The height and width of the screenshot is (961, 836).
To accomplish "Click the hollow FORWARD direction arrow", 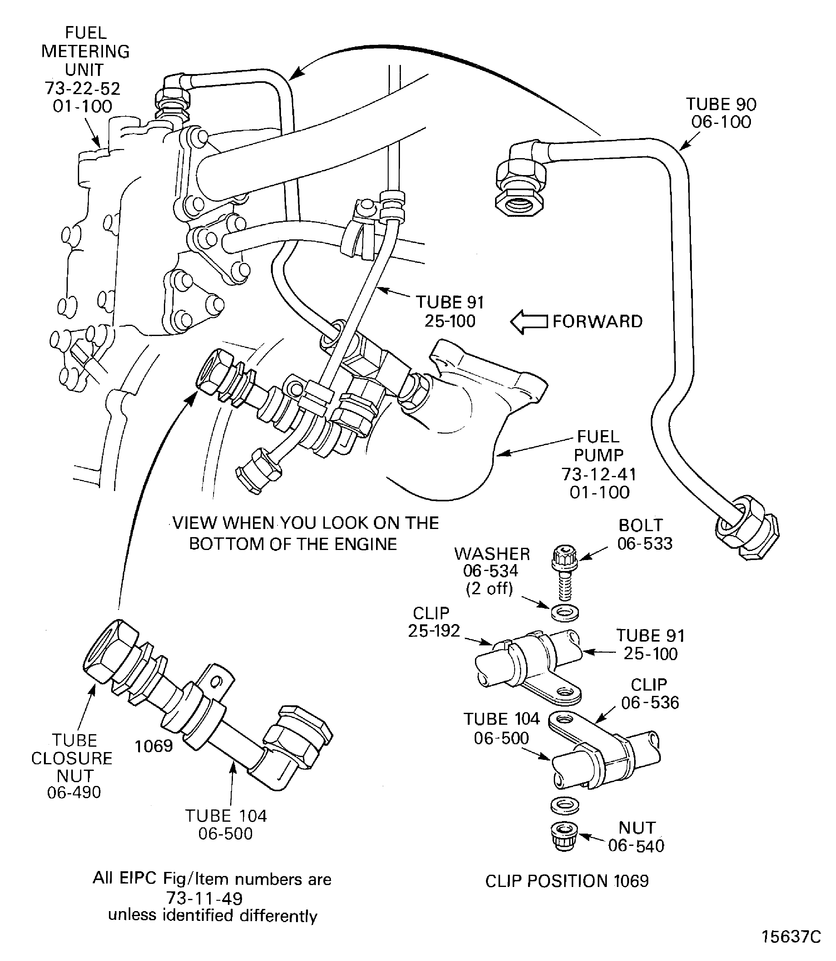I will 529,322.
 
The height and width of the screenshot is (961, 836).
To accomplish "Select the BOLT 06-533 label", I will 644,534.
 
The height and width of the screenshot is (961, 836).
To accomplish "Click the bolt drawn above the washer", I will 564,573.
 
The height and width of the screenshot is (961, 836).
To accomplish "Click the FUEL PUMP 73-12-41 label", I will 599,464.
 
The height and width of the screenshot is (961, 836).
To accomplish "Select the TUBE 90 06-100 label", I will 721,113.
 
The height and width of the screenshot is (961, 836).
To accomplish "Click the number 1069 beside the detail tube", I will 154,746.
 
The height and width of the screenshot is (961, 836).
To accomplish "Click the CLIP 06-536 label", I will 650,693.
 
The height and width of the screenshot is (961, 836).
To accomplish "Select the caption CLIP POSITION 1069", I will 567,881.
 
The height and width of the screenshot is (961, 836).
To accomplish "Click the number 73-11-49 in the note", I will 205,898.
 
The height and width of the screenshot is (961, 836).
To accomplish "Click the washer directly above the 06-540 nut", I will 565,805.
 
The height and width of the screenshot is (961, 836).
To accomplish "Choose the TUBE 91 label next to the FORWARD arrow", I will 450,312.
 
